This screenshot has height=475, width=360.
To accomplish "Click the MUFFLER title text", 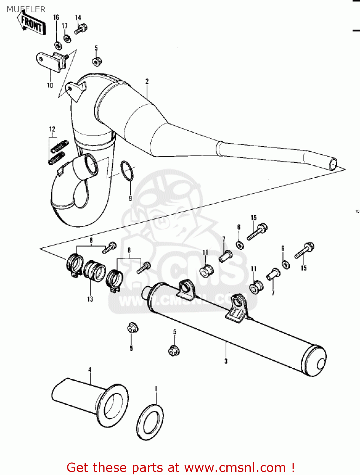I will coord(26,9).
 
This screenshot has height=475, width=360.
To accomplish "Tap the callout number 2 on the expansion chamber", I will coord(147,81).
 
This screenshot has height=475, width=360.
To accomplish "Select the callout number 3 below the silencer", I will coord(226,361).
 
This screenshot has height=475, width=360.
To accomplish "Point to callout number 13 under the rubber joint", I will coord(90,299).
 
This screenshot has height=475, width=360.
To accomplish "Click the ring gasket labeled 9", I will coord(127,171).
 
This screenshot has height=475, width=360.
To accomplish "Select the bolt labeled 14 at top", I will coord(80,29).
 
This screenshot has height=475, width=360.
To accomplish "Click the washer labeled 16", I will coord(57,46).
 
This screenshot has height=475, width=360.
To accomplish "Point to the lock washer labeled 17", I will coord(67,39).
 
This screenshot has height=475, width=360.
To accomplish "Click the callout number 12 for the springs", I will coord(52,129).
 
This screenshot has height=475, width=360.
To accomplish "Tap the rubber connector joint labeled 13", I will coord(94,270).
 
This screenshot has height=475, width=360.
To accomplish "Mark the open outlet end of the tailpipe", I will coord(333,164).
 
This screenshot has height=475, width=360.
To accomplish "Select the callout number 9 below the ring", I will coord(130,199).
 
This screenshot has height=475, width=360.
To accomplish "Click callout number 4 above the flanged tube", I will coord(90,370).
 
